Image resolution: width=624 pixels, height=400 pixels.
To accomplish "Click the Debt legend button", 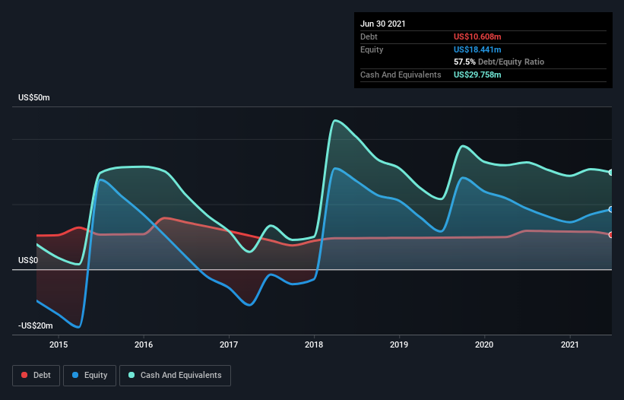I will tap(36, 375).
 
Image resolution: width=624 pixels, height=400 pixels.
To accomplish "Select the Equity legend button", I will tap(90, 375).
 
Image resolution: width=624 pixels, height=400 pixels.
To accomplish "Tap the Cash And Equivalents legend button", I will tap(175, 375).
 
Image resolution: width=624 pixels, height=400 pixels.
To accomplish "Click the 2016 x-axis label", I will tap(143, 344).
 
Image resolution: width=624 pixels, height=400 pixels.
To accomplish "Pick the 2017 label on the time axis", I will tap(229, 344).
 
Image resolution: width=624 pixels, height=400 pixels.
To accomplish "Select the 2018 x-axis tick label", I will tap(314, 344).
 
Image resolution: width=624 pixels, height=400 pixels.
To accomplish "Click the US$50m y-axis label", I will tap(34, 98).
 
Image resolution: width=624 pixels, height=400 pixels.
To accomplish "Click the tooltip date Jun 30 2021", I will tap(383, 24).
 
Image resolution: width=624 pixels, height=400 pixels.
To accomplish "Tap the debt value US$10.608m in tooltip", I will tap(477, 37).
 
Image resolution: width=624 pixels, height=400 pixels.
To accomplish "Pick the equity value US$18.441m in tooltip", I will tap(477, 49).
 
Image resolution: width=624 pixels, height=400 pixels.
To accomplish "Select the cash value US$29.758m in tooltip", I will tap(477, 75).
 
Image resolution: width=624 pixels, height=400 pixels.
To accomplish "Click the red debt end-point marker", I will tap(611, 235).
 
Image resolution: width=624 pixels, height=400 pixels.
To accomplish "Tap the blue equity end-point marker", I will tap(611, 209).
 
